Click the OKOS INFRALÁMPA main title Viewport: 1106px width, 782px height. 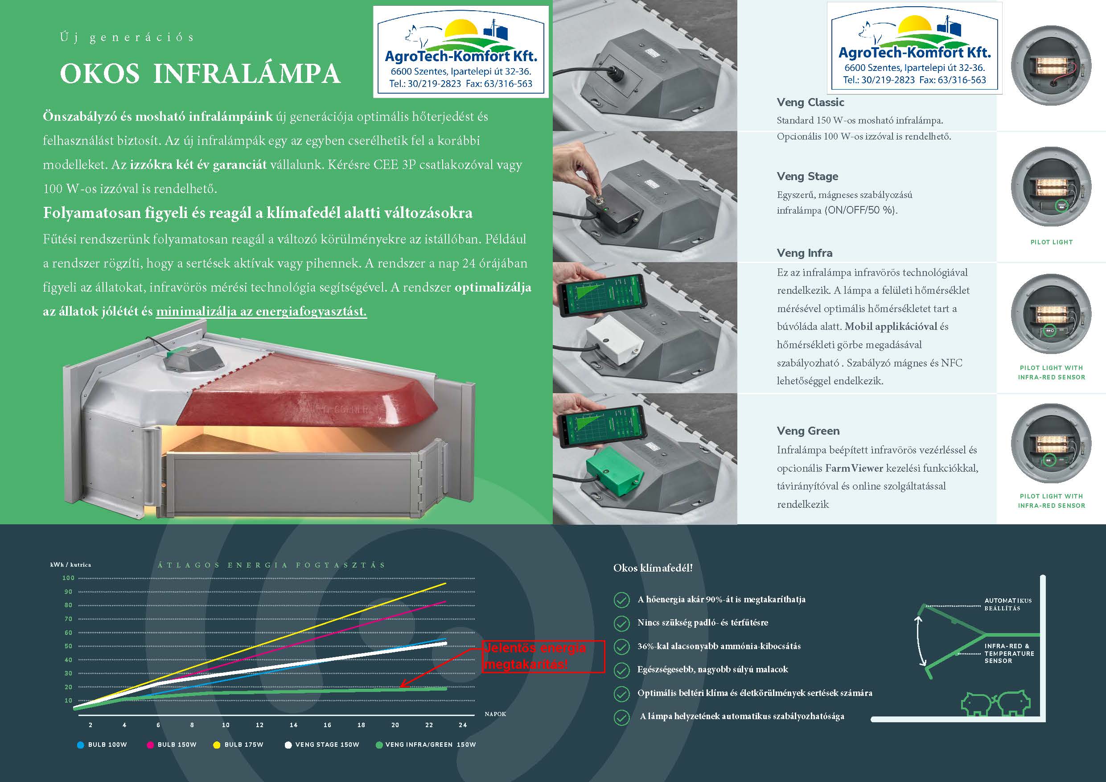click(200, 74)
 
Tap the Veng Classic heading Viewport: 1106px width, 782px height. click(810, 102)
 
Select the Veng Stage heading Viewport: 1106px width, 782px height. click(807, 177)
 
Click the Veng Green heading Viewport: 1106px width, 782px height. click(808, 431)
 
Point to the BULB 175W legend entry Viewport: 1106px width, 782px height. click(238, 745)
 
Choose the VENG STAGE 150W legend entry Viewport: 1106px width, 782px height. click(322, 745)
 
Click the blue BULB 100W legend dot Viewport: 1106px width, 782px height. click(80, 745)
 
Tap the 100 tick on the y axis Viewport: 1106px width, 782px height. click(68, 578)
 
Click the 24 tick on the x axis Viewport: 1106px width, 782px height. click(462, 724)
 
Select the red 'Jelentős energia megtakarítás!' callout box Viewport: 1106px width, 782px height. click(543, 656)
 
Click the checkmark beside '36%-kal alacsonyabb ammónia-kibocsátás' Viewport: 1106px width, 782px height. click(621, 646)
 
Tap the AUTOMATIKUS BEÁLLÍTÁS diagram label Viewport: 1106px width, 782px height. click(1008, 604)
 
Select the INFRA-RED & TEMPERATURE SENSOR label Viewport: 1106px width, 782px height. click(1009, 653)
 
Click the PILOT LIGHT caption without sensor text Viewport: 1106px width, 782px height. click(1052, 242)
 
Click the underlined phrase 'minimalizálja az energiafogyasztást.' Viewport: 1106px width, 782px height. click(261, 312)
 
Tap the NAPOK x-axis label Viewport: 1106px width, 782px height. click(495, 714)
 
